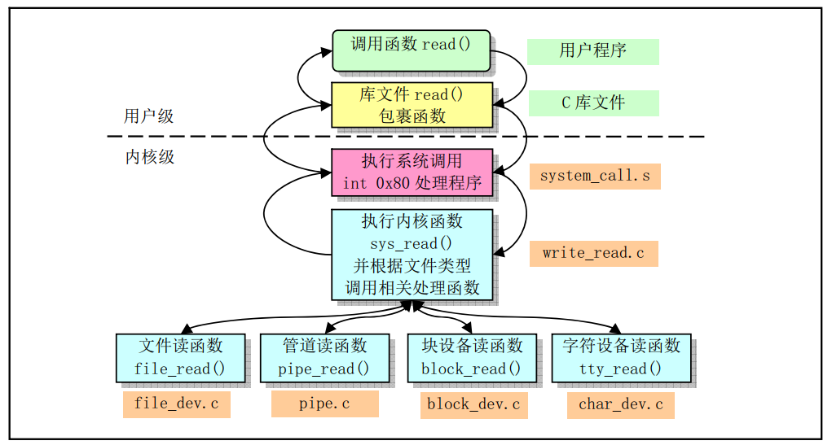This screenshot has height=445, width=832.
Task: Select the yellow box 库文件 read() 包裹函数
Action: (x=412, y=104)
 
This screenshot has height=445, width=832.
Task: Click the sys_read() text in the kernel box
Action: (x=412, y=242)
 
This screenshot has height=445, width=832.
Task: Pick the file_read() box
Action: (x=180, y=357)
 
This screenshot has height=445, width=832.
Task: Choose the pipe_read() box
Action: (x=324, y=357)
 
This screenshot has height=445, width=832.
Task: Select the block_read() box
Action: (x=471, y=357)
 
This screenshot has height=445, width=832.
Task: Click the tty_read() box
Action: (x=621, y=357)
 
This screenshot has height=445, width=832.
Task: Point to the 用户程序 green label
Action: (x=592, y=51)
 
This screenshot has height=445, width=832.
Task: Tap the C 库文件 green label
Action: (x=592, y=103)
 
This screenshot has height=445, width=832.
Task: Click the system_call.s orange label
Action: (x=594, y=176)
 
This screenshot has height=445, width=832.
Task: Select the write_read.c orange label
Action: (x=593, y=253)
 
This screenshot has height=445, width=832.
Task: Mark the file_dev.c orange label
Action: (x=176, y=404)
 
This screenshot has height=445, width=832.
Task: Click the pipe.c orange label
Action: (x=324, y=404)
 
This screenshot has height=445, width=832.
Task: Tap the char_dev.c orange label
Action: (x=620, y=404)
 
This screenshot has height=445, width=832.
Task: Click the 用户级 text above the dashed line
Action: (x=149, y=116)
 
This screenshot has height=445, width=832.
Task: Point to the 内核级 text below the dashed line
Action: (x=149, y=157)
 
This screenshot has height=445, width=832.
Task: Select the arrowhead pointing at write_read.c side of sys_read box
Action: (x=499, y=253)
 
